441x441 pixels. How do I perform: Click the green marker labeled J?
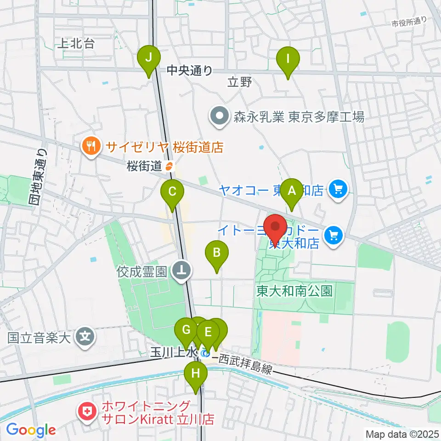tap(149, 59)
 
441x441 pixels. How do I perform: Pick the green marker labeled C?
tap(172, 192)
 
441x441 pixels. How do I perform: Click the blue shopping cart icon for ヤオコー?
tap(339, 189)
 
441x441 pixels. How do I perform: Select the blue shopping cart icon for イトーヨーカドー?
tap(334, 236)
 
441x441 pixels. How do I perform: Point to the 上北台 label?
tap(76, 44)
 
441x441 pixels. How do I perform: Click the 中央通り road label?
tap(190, 70)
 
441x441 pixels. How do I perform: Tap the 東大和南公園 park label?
tap(294, 290)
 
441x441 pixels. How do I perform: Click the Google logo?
tap(30, 430)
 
